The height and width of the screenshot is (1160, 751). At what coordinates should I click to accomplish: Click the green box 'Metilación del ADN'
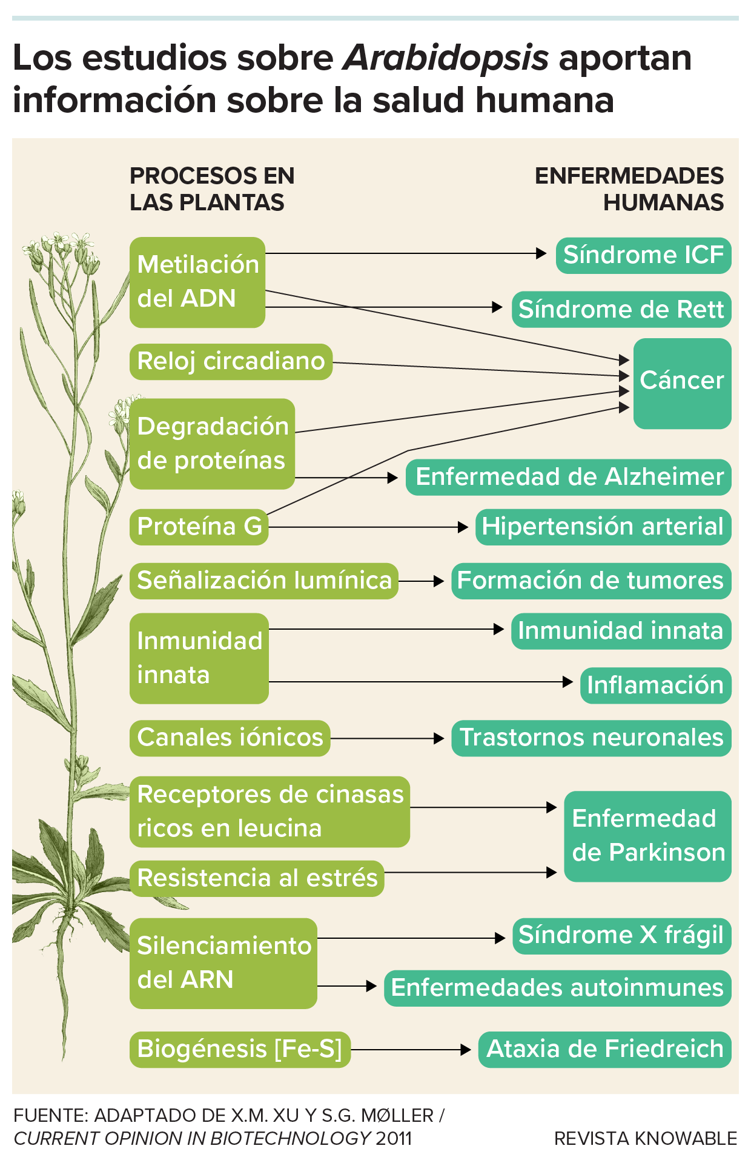[197, 282]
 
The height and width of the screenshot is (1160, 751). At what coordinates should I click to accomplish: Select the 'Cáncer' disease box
[682, 382]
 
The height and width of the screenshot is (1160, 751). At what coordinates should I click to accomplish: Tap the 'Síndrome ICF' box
[643, 255]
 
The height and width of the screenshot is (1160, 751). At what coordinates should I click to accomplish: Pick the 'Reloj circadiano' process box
[231, 362]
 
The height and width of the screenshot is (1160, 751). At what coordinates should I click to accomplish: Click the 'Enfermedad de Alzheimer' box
[568, 477]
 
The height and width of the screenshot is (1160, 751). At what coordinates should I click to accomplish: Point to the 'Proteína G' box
[199, 527]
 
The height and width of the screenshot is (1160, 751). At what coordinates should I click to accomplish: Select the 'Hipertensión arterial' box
[603, 527]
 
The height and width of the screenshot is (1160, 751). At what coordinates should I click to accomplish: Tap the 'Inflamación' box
[655, 685]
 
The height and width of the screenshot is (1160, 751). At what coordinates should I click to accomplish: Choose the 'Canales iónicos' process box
[230, 738]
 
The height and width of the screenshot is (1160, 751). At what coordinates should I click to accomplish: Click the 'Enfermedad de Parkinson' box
[647, 836]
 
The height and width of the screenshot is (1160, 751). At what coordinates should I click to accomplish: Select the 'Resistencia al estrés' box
[257, 878]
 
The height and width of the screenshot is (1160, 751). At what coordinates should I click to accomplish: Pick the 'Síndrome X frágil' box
[621, 936]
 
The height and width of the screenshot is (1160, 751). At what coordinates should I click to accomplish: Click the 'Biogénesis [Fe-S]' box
[240, 1049]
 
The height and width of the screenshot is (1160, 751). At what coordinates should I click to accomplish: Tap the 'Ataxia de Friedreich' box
[604, 1049]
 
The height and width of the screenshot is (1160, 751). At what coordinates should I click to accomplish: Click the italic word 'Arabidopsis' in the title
[446, 59]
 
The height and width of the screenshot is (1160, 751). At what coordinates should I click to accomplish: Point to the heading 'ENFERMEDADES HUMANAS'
[630, 189]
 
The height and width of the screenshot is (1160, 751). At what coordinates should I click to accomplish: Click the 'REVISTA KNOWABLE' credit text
[646, 1139]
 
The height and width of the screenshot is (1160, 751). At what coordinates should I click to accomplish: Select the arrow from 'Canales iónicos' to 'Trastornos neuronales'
[388, 738]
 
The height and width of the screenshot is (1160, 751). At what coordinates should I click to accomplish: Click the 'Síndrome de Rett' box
[621, 310]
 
